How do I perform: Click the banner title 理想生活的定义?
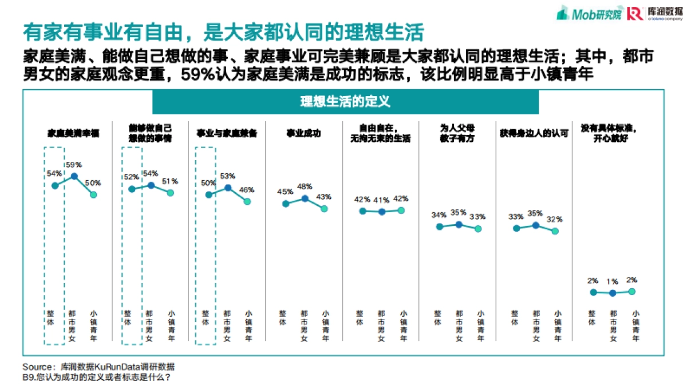pyautogui.click(x=345, y=102)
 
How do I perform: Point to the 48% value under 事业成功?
pyautogui.click(x=305, y=186)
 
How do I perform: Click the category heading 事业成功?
pyautogui.click(x=303, y=134)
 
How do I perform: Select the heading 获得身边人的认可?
pyautogui.click(x=534, y=134)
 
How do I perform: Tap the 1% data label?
pyautogui.click(x=613, y=281)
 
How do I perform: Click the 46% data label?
pyautogui.click(x=247, y=190)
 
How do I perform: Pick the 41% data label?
pyautogui.click(x=382, y=200)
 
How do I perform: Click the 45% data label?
pyautogui.click(x=285, y=192)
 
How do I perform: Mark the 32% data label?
pyautogui.click(x=555, y=219)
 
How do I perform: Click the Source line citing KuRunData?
pyautogui.click(x=98, y=367)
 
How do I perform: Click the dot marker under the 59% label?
pyautogui.click(x=74, y=177)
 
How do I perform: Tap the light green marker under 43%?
pyautogui.click(x=324, y=209)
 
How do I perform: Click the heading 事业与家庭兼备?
pyautogui.click(x=226, y=134)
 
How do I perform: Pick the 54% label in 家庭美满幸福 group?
pyautogui.click(x=54, y=173)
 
